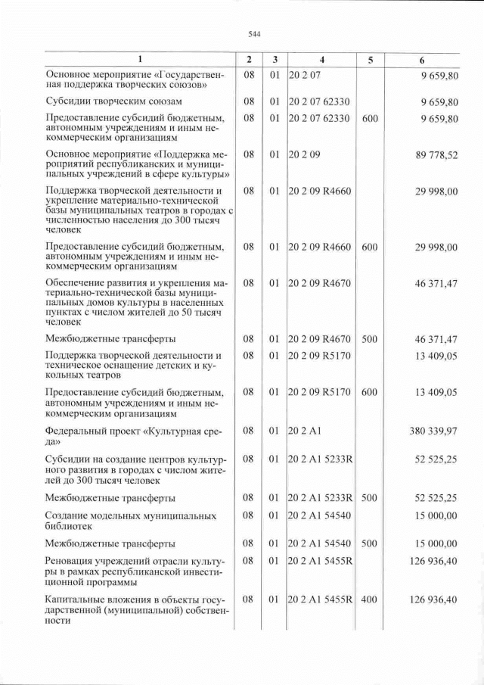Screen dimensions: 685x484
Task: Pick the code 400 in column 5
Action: (x=369, y=600)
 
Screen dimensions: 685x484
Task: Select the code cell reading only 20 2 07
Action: (x=305, y=74)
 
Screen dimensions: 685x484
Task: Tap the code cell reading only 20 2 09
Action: (x=305, y=155)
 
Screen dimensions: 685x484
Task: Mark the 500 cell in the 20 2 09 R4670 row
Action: (x=369, y=338)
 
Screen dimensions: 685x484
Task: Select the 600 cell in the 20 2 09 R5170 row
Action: (x=369, y=392)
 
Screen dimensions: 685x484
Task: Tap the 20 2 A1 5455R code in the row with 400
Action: (x=321, y=600)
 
